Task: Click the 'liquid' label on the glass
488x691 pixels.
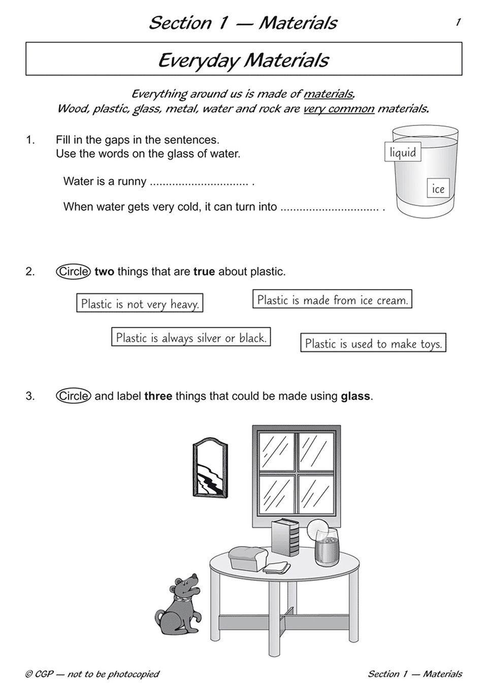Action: (x=403, y=152)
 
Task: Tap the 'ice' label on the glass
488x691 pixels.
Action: (x=438, y=189)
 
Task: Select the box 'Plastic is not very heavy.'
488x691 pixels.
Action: (x=140, y=303)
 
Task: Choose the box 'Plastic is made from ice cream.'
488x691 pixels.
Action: (x=332, y=299)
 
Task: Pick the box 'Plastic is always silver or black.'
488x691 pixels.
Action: (x=191, y=337)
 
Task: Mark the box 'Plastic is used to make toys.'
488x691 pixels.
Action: (x=373, y=343)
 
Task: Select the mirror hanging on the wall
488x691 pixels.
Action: (x=210, y=468)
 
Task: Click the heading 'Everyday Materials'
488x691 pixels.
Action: (x=244, y=60)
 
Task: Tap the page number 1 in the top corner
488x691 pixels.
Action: (x=458, y=22)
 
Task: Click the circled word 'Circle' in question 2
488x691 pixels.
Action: (x=73, y=271)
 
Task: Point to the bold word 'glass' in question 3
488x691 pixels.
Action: (x=355, y=396)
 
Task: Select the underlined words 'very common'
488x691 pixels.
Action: (x=339, y=108)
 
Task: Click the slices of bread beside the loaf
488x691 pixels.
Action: (x=277, y=567)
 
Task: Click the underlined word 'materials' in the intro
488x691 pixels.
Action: (x=329, y=93)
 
